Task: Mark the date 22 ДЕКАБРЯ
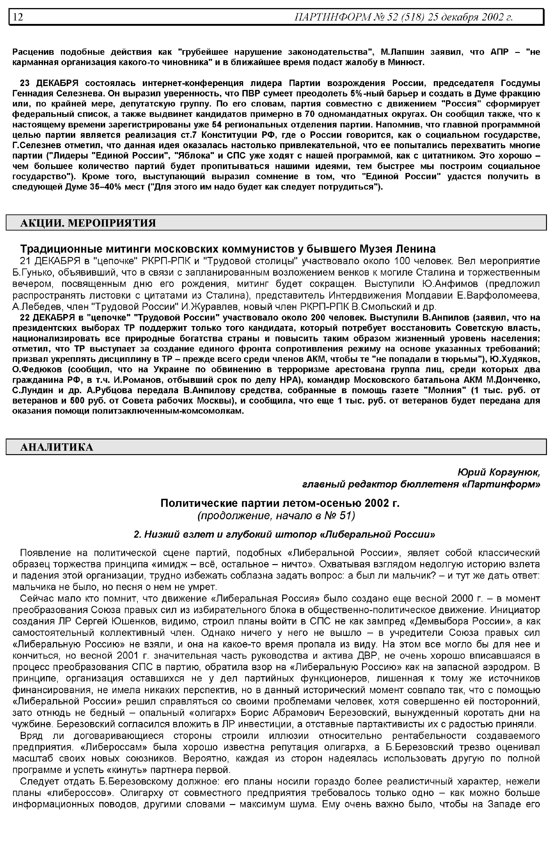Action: point(50,318)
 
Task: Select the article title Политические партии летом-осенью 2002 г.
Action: point(280,503)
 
